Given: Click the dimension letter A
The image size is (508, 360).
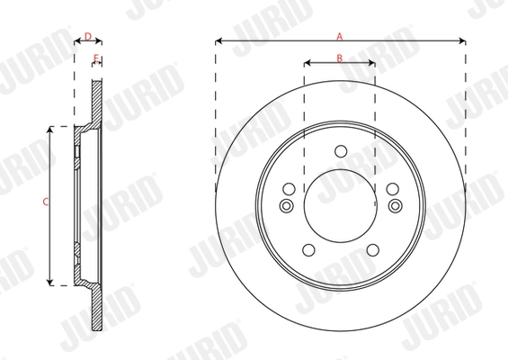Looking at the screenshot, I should (x=339, y=36).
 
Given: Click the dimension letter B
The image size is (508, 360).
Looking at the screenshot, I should (x=339, y=58).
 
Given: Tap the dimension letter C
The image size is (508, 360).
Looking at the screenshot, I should (x=46, y=203).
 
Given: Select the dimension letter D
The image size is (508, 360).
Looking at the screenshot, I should (x=87, y=36).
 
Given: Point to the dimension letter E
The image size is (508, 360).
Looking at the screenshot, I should (x=95, y=58).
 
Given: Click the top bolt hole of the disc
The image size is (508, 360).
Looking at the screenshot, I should (x=340, y=151).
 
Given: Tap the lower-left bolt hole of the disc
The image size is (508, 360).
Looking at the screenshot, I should (x=308, y=250).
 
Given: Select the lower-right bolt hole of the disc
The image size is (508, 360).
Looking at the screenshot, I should (x=371, y=250).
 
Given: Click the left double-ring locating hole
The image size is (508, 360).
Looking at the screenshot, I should (x=287, y=207).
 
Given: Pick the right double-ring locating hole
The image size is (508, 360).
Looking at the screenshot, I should (x=394, y=207).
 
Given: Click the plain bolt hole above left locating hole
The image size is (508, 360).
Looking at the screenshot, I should (x=288, y=189).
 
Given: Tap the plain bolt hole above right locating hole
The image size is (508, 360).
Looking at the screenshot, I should (x=393, y=189).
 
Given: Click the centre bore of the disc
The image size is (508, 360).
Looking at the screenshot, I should (x=340, y=204).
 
